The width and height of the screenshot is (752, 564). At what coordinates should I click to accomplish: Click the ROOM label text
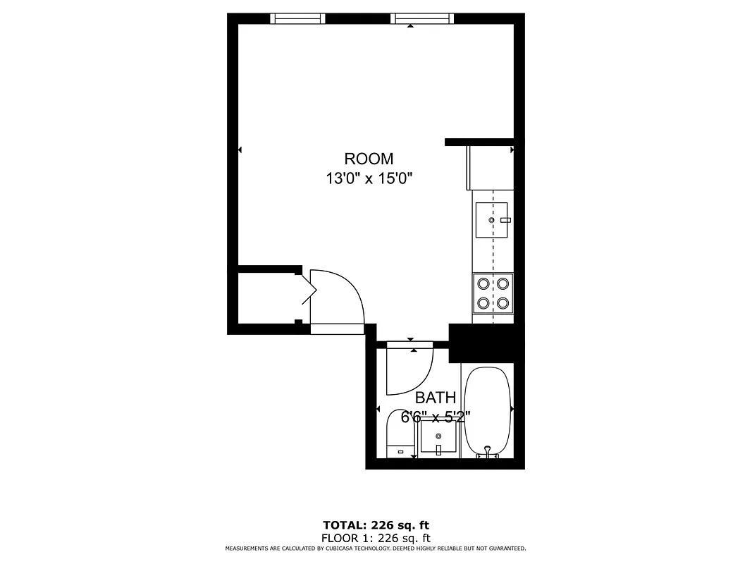(x=369, y=159)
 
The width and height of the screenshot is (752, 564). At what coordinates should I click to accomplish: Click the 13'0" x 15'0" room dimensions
(x=369, y=178)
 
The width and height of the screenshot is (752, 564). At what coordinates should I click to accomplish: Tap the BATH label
(x=435, y=398)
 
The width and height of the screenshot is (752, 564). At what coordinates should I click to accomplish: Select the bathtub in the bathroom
(x=487, y=409)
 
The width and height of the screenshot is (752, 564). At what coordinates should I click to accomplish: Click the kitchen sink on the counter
(x=491, y=220)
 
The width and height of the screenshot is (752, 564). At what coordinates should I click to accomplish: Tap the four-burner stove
(x=493, y=293)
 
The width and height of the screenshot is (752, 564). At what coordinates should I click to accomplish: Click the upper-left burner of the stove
(x=483, y=283)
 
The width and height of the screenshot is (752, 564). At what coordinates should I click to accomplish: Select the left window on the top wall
(x=297, y=18)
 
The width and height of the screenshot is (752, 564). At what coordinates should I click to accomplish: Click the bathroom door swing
(x=410, y=370)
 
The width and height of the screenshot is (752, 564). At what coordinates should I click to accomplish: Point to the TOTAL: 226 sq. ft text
(x=376, y=525)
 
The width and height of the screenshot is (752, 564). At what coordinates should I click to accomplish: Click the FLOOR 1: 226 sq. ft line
(x=376, y=537)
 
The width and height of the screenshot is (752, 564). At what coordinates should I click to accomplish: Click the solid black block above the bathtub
(x=486, y=343)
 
